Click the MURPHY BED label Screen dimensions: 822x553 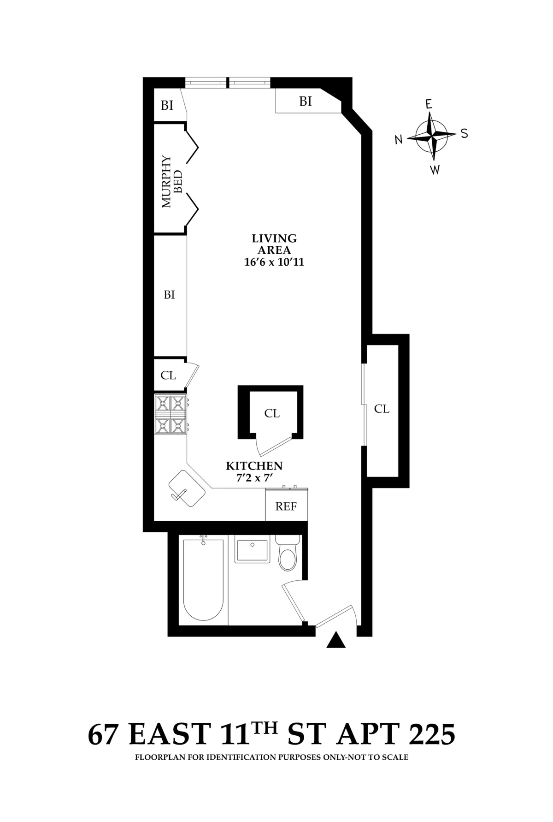pyautogui.click(x=172, y=182)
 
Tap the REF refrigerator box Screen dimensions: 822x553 pyautogui.click(x=286, y=506)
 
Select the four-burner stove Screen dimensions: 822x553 pyautogui.click(x=171, y=414)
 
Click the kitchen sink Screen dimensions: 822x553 pyautogui.click(x=187, y=489)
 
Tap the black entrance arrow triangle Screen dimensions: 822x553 pyautogui.click(x=336, y=641)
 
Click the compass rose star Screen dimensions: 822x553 pyautogui.click(x=431, y=136)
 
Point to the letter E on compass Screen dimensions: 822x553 pyautogui.click(x=429, y=105)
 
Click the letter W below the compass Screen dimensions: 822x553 pyautogui.click(x=435, y=170)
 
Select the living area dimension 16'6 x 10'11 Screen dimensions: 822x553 pyautogui.click(x=274, y=262)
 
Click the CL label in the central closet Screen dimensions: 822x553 pyautogui.click(x=272, y=413)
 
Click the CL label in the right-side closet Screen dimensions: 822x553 pyautogui.click(x=382, y=409)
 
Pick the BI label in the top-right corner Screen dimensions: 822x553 pyautogui.click(x=306, y=101)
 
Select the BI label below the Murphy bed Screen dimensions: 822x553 pyautogui.click(x=169, y=294)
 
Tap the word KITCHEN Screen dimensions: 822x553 pyautogui.click(x=254, y=466)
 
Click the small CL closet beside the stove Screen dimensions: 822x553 pyautogui.click(x=168, y=375)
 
